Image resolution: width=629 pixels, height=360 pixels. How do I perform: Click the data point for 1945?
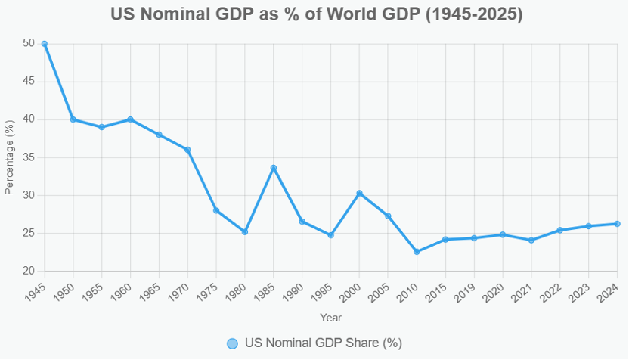[x=45, y=44]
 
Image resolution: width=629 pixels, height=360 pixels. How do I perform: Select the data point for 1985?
[x=274, y=168]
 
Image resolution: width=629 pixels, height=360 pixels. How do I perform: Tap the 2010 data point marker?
[x=417, y=252]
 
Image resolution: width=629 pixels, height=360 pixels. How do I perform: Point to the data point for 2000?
[x=359, y=193]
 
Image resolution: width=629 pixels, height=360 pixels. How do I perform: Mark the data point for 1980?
[x=245, y=231]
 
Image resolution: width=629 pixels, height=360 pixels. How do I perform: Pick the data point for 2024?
[x=617, y=224]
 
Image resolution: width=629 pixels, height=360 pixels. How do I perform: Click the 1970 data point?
[x=187, y=150]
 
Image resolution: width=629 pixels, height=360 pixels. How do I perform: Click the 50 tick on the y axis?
[x=29, y=44]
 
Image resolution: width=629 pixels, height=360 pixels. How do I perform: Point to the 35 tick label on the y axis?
[x=29, y=157]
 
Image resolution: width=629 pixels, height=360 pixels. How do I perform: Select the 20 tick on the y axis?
[x=29, y=271]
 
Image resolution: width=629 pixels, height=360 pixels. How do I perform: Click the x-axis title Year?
[x=330, y=318]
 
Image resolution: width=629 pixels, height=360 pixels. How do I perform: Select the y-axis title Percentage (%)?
[x=10, y=157]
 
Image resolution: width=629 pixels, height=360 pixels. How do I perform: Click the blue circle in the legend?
[x=233, y=343]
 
